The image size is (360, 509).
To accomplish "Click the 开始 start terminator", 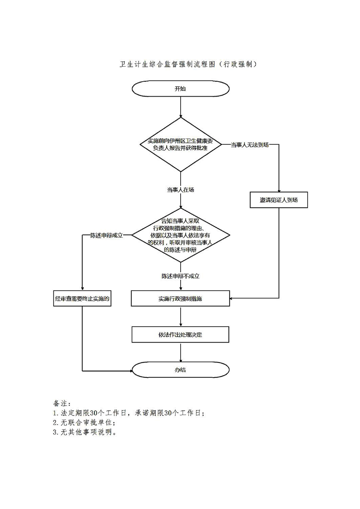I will click(180, 89).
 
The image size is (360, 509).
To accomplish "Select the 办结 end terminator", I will click(180, 370).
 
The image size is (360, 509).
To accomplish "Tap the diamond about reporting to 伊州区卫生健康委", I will click(180, 144).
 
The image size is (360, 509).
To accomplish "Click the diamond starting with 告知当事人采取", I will click(180, 235).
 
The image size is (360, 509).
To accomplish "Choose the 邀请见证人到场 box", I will click(279, 200).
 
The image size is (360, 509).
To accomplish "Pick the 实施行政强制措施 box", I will click(180, 299).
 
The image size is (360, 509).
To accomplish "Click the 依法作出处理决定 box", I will click(180, 335).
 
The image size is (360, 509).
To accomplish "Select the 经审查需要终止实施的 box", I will click(82, 299).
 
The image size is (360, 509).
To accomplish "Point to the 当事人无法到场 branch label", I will click(250, 145).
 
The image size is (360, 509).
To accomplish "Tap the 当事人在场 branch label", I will click(180, 190).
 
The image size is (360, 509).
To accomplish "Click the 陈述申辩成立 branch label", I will click(107, 235).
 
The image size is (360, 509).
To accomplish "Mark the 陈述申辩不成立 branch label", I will click(181, 275).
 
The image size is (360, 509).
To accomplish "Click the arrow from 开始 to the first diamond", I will click(180, 107).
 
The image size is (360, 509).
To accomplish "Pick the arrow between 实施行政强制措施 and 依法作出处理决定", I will click(180, 316).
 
